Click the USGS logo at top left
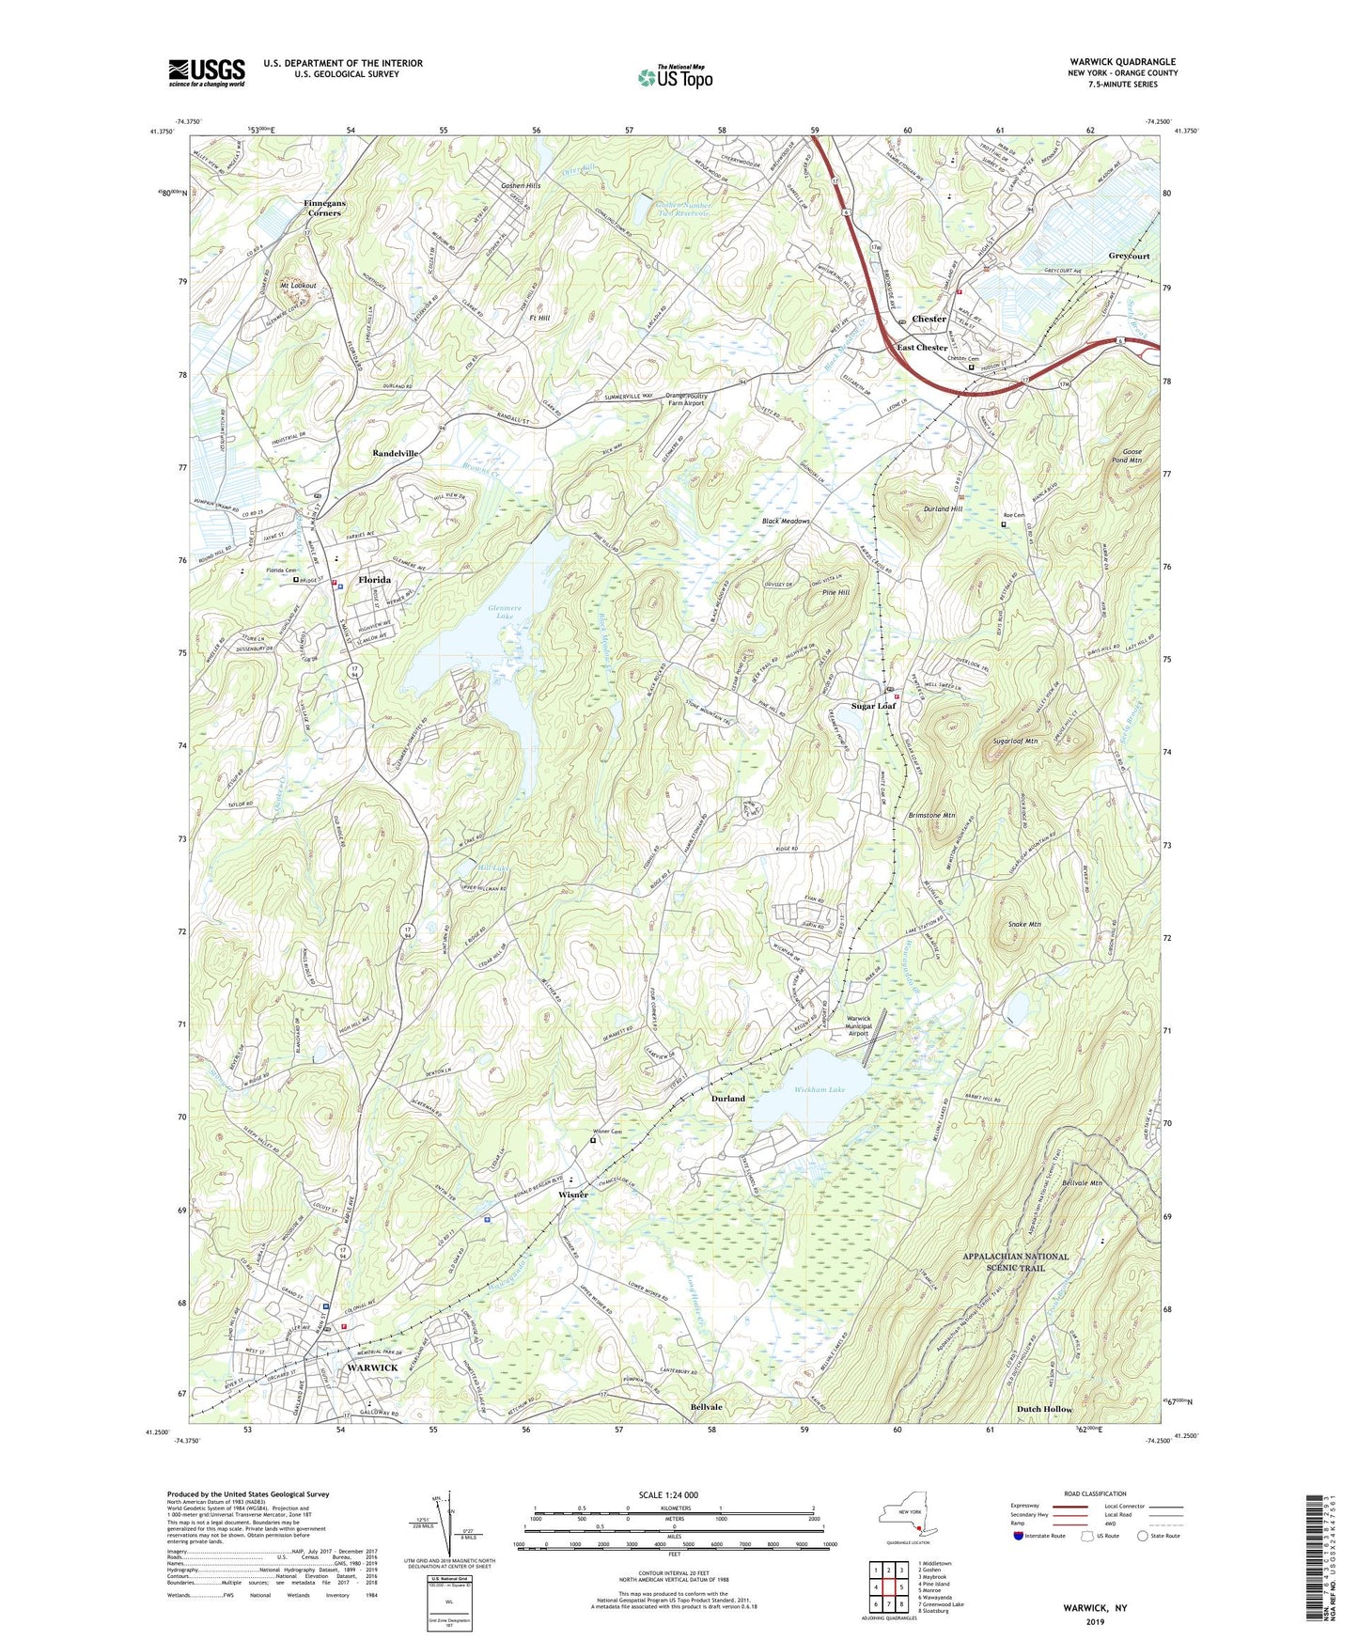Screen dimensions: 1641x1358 pyautogui.click(x=206, y=72)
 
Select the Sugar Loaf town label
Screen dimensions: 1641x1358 pyautogui.click(x=873, y=706)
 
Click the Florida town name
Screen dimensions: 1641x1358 pyautogui.click(x=374, y=580)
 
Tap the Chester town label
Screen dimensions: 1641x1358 pyautogui.click(x=929, y=319)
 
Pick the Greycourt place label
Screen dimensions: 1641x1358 pyautogui.click(x=1129, y=256)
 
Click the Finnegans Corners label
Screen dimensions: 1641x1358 pyautogui.click(x=322, y=209)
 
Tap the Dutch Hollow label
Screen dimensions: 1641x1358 pyautogui.click(x=1044, y=1409)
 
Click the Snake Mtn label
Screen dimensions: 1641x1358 pyautogui.click(x=1023, y=925)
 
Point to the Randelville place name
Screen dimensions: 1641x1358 pyautogui.click(x=395, y=453)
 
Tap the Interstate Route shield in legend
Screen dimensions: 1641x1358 pyautogui.click(x=1019, y=1536)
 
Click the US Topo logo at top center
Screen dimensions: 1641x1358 pyautogui.click(x=675, y=76)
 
